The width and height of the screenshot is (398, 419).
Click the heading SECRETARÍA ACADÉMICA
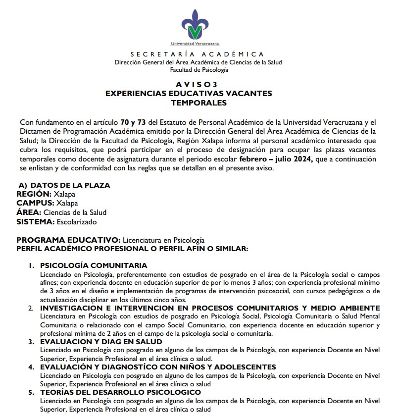coord(198,54)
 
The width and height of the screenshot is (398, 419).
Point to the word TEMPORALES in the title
coord(199,103)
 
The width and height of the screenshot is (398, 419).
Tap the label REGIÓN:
coord(34,194)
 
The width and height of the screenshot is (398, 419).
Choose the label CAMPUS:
coord(35,203)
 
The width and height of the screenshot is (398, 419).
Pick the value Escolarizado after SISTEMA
coord(77,221)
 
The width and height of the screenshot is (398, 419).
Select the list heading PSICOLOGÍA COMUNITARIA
coord(94,265)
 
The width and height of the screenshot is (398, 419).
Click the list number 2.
coord(31,308)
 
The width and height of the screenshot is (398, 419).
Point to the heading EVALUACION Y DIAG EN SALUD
coord(101,342)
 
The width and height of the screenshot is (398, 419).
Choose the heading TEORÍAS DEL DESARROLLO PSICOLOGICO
coord(120,392)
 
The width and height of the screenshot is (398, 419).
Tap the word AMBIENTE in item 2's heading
coord(357,308)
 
